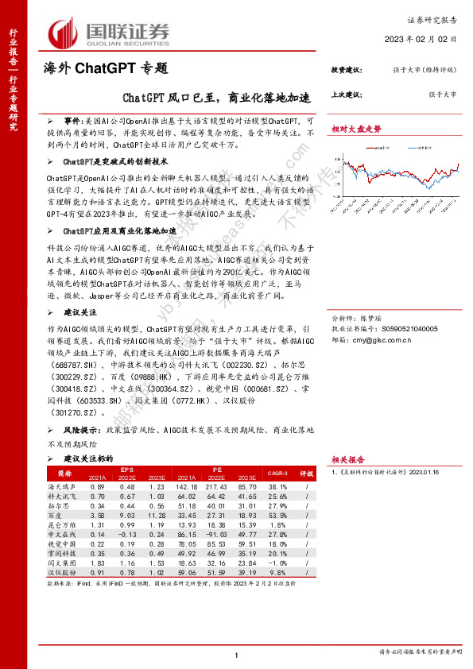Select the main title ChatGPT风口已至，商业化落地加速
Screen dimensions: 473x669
(x=215, y=99)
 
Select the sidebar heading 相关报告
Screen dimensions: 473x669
(x=347, y=459)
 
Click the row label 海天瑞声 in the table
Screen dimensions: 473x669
(x=62, y=485)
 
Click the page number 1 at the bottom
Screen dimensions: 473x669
(x=237, y=655)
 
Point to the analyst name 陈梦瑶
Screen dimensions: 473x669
(x=383, y=316)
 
